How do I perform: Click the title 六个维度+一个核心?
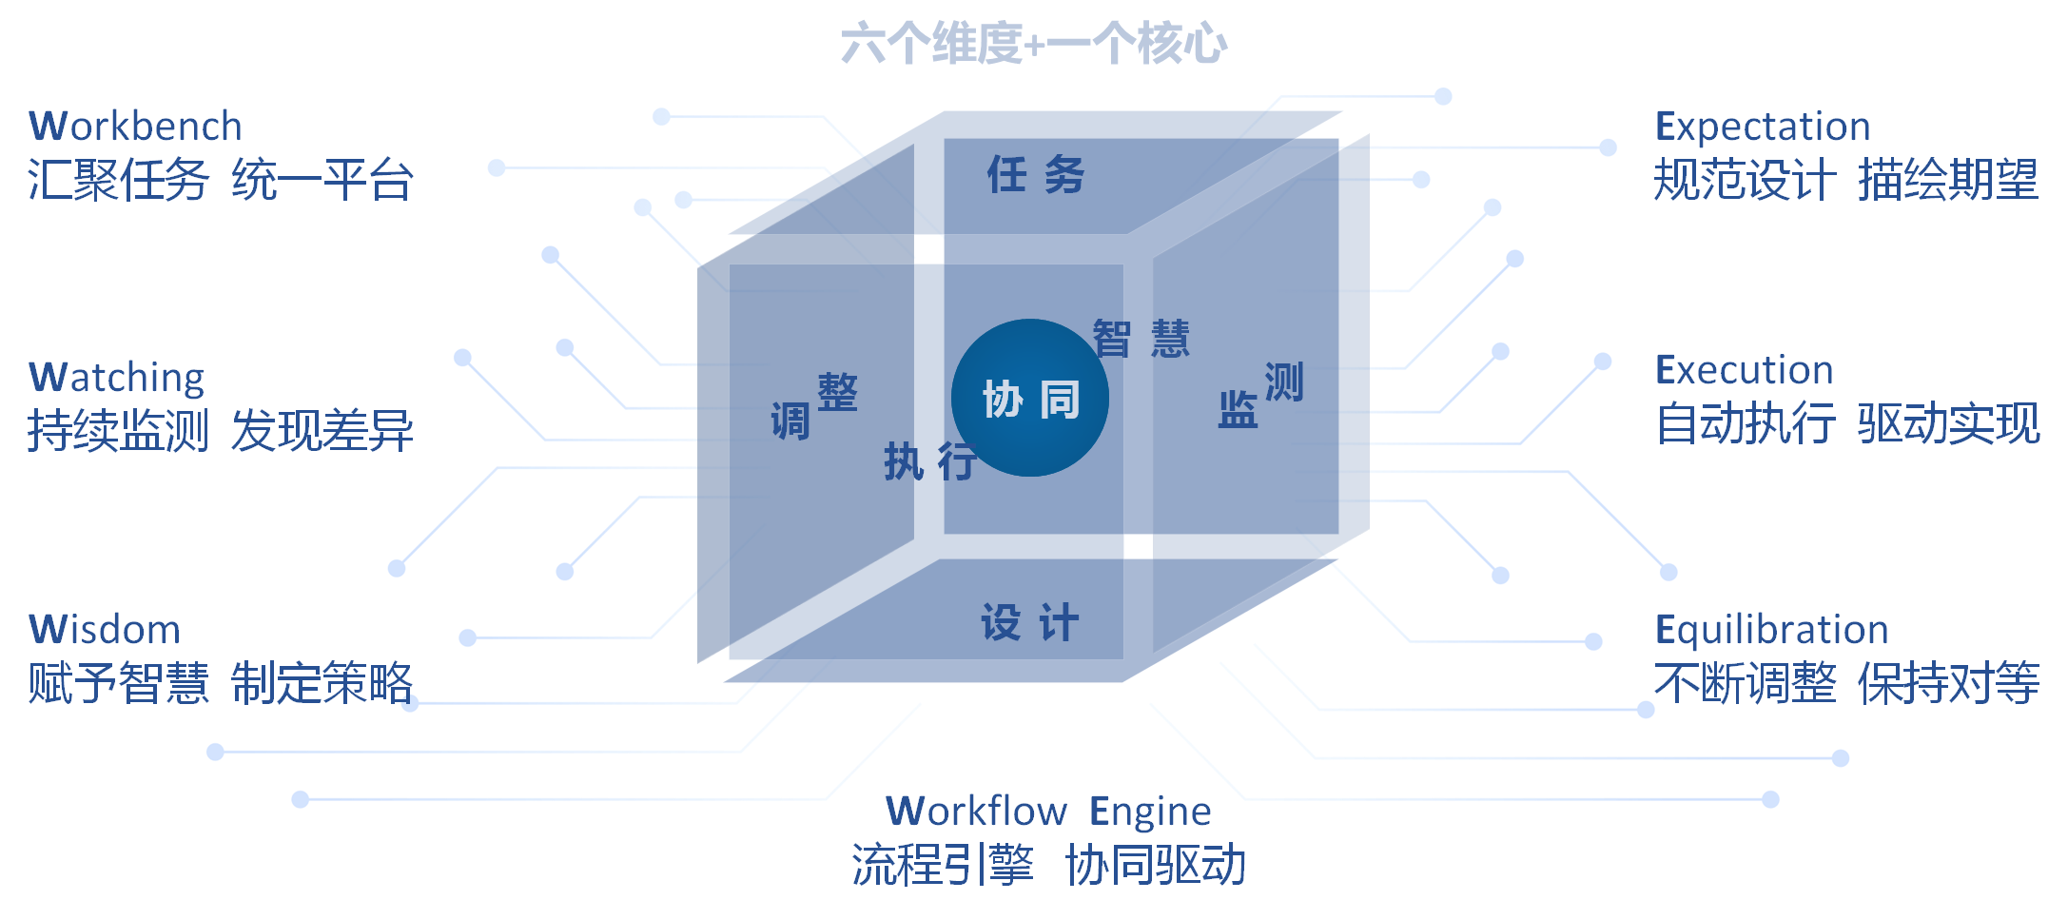tap(1033, 44)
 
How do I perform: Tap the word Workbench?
tap(136, 126)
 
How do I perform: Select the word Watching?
tap(117, 378)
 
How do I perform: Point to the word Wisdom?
tap(105, 630)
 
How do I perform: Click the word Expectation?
tap(1763, 126)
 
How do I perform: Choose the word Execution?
tap(1744, 370)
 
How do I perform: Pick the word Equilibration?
tap(1771, 630)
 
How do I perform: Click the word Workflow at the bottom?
tap(976, 812)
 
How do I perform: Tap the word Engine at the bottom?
tap(1150, 812)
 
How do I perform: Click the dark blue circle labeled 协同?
tap(1030, 398)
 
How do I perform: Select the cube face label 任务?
tap(1035, 175)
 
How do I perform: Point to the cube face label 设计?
tap(1030, 623)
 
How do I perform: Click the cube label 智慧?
tap(1141, 339)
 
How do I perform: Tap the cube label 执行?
tap(929, 462)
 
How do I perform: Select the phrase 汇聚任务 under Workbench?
tap(118, 180)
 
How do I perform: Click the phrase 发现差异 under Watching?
tap(322, 431)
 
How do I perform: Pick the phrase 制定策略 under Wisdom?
tap(322, 683)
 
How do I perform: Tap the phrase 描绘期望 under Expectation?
tap(1948, 180)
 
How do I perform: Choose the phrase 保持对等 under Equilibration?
tap(1948, 683)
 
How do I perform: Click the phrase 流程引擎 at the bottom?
tap(942, 866)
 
